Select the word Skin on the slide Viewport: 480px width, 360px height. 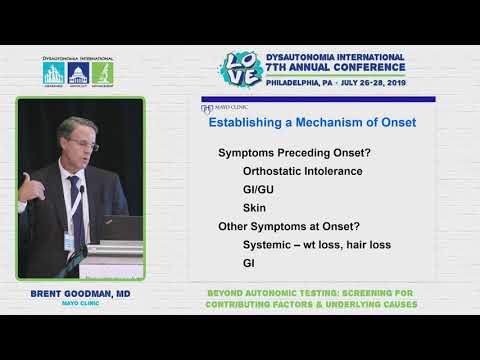pyautogui.click(x=255, y=207)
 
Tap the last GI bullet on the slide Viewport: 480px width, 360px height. pyautogui.click(x=249, y=263)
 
